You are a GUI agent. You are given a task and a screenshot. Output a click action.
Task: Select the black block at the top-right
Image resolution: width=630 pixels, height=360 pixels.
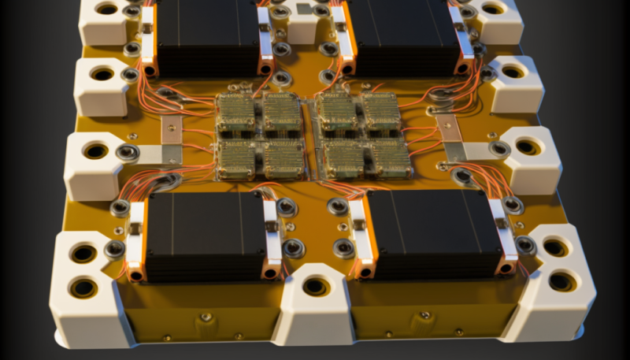[402, 35]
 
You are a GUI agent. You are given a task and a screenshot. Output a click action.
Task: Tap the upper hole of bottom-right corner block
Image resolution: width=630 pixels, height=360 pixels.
[555, 247]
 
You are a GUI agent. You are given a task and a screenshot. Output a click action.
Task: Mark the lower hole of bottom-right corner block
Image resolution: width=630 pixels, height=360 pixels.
[562, 280]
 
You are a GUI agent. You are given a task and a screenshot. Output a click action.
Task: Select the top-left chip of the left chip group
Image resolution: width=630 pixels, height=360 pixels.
[236, 111]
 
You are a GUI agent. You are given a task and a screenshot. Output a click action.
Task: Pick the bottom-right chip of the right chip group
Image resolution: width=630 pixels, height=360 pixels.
[391, 160]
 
